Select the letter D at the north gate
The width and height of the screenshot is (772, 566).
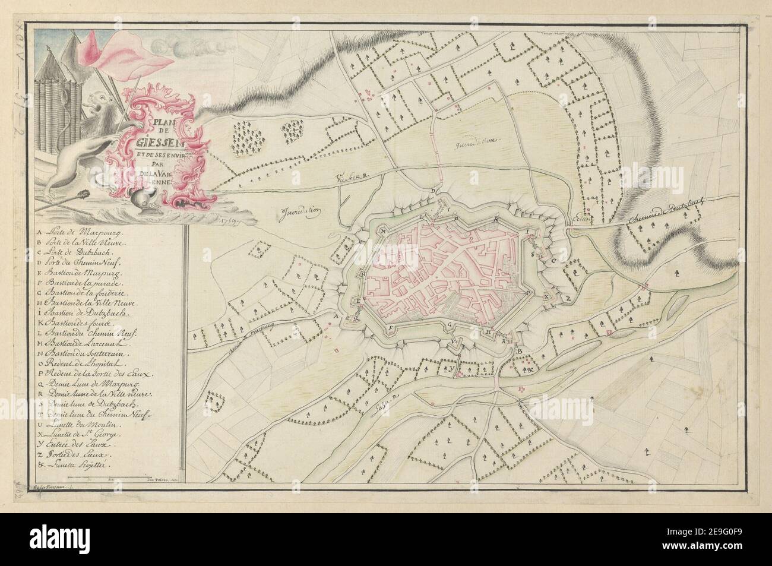[434, 191]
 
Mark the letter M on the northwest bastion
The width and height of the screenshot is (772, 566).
[385, 229]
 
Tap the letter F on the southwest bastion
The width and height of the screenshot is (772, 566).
[390, 327]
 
